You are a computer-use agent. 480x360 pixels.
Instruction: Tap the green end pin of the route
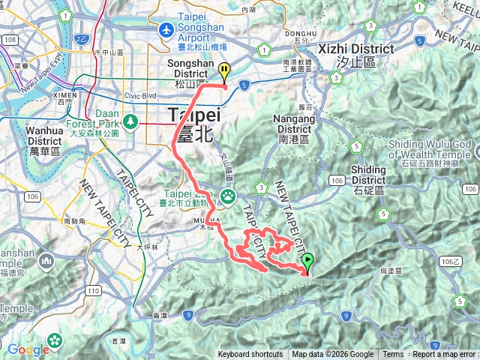[x=307, y=262]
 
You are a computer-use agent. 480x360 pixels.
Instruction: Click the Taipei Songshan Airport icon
[x=166, y=31]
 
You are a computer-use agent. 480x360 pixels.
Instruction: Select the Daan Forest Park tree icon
[x=131, y=120]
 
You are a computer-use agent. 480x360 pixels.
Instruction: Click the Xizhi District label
[x=355, y=49]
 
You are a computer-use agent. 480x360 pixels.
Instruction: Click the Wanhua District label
[x=45, y=135]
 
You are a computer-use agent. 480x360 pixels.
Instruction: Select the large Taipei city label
[x=193, y=116]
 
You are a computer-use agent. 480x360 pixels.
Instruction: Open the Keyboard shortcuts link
[x=250, y=355]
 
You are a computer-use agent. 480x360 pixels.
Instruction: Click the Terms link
[x=393, y=355]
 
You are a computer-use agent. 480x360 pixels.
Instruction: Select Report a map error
[x=444, y=355]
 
